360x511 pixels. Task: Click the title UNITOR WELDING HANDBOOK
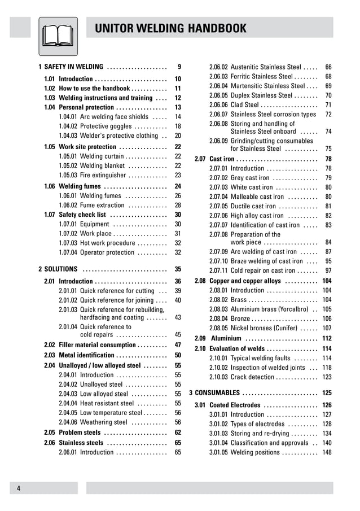tap(170, 29)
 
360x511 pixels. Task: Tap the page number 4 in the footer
tap(19, 488)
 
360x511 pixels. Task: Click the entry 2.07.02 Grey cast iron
tap(248, 178)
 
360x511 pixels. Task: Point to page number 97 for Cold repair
tap(328, 271)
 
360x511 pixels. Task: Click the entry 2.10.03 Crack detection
tap(249, 377)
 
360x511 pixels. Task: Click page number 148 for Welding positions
tap(327, 452)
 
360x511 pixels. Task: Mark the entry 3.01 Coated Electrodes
tap(235, 405)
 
